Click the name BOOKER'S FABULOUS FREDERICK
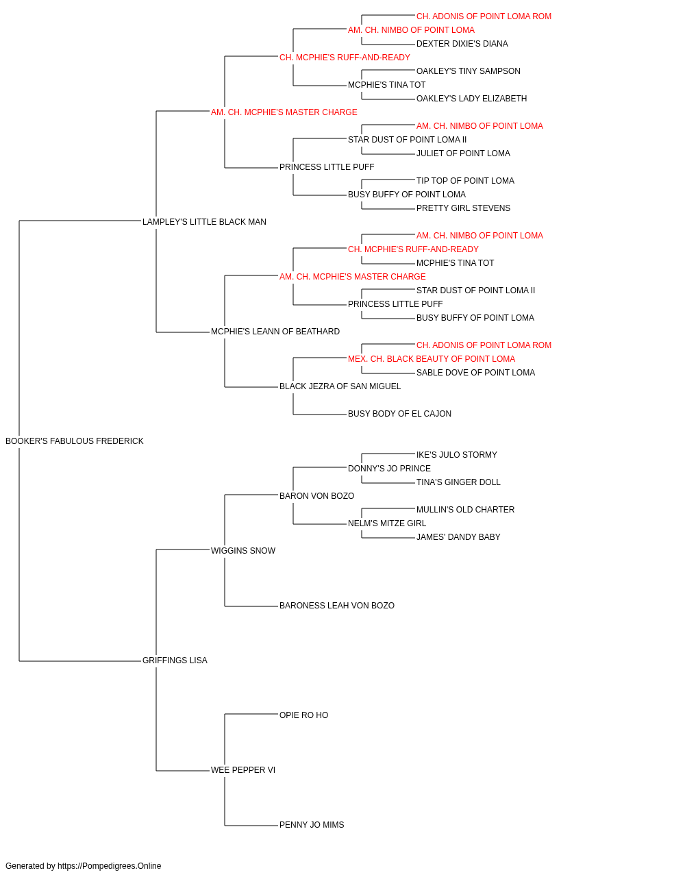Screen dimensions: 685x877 coord(75,441)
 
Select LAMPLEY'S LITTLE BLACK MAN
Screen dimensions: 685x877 coord(204,222)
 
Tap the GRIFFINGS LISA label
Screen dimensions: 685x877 coord(175,660)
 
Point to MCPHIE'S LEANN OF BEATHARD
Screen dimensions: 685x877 coord(275,332)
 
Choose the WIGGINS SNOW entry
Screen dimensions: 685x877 coord(243,551)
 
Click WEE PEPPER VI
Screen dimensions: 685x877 coord(243,770)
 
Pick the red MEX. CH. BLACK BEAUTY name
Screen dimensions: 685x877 coord(432,359)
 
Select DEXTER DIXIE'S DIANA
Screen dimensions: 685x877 coord(462,44)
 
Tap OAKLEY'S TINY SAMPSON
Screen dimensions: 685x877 coord(469,71)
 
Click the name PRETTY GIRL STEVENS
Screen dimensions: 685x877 coord(463,208)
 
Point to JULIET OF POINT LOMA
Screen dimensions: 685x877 coord(463,153)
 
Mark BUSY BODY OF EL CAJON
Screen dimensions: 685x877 coord(399,414)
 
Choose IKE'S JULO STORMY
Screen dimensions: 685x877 coord(457,455)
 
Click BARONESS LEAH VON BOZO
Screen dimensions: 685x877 coord(337,606)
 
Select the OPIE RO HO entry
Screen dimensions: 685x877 coord(303,715)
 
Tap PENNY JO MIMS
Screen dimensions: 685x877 coord(312,825)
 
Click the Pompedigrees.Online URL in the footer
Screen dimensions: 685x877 coord(110,866)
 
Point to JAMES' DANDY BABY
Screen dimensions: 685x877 coord(458,537)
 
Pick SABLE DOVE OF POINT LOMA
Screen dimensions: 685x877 coord(475,373)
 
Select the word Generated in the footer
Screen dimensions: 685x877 coord(24,866)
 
